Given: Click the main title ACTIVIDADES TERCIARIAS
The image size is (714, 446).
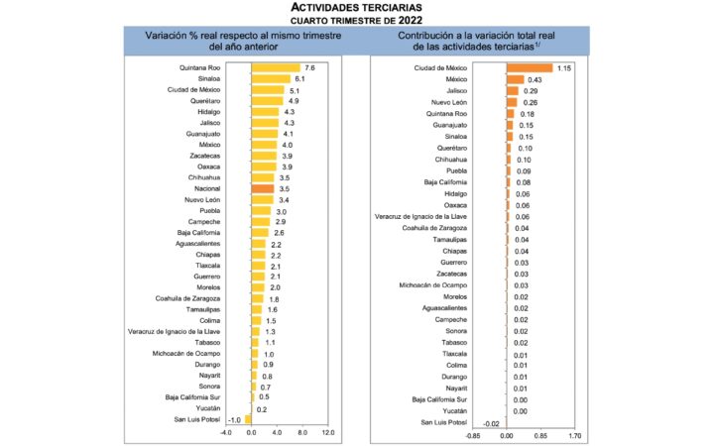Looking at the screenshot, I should [356, 8].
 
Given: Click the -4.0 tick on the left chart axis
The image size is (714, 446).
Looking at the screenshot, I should [225, 434].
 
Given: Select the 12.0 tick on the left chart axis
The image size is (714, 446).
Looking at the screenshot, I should [328, 434].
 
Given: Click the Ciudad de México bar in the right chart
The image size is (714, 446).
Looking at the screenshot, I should [530, 67].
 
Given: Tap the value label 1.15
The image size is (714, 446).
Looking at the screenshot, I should [565, 67].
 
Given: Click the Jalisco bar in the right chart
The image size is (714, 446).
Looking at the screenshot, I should [512, 91].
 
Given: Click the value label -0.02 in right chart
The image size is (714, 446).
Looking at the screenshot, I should [491, 422].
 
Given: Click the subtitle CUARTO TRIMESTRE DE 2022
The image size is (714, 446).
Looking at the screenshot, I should [356, 20].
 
